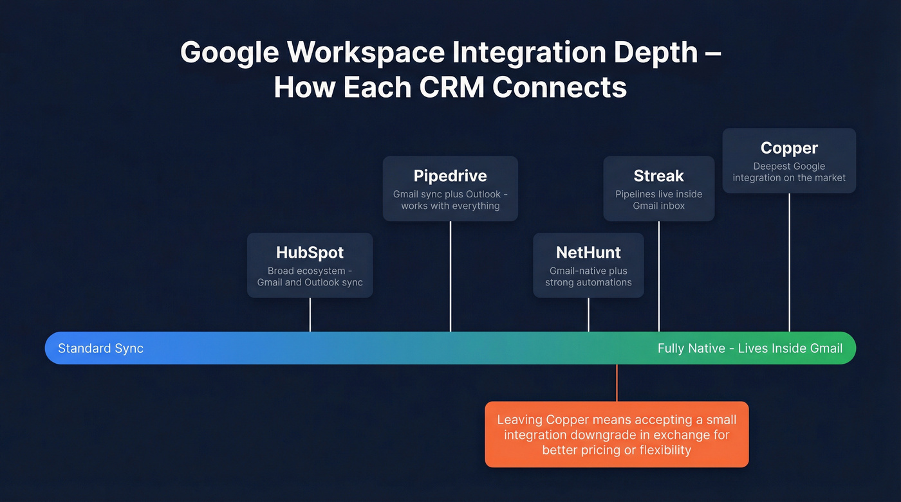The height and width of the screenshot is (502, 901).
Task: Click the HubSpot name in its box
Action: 310,252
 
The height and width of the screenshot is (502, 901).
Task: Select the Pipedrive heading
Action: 450,175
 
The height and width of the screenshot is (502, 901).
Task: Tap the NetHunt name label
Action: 588,253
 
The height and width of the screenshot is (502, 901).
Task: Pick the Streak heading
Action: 658,175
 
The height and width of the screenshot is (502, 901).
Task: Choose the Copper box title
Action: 789,148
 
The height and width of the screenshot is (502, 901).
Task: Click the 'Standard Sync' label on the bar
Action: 100,348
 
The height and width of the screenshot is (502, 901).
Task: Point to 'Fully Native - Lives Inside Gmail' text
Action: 750,348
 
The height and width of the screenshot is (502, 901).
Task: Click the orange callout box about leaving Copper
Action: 617,435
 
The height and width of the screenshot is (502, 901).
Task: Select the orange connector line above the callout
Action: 617,383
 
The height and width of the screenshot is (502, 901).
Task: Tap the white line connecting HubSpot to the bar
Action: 310,314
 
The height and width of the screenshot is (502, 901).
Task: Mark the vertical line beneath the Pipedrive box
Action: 450,276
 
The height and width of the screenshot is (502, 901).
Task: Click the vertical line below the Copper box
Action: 790,262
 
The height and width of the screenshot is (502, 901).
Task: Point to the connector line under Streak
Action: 659,276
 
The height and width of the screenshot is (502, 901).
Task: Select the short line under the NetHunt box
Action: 589,314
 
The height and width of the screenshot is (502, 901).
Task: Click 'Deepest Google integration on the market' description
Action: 789,172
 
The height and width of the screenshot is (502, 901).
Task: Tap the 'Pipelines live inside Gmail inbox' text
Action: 658,200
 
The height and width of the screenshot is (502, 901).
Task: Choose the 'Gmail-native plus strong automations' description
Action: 588,276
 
